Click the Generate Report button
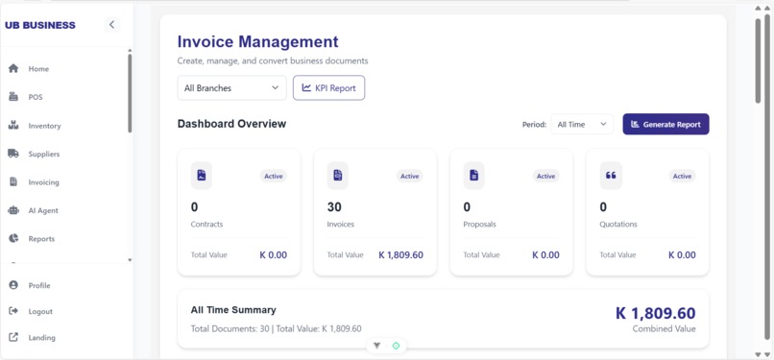point(665,124)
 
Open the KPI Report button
point(328,88)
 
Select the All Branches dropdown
point(231,88)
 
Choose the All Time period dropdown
point(582,124)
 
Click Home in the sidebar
point(38,69)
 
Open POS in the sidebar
point(35,97)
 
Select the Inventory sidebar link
point(44,126)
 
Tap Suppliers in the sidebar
point(43,154)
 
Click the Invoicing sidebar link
point(43,182)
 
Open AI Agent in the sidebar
point(42,210)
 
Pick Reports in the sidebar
point(41,239)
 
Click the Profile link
point(38,285)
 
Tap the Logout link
point(40,311)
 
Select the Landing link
point(41,338)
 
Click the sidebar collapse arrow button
point(111,25)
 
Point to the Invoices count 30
point(334,207)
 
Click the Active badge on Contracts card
point(274,177)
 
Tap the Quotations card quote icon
point(611,176)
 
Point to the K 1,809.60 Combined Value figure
point(655,314)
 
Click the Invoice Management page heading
point(257,42)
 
